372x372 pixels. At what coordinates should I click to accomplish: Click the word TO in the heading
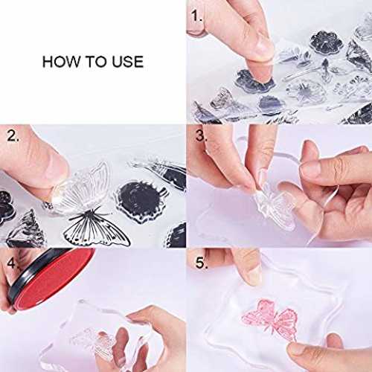97,62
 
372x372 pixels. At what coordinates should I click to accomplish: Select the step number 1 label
196,16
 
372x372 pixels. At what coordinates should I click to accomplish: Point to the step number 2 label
13,136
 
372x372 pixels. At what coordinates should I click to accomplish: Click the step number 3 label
201,135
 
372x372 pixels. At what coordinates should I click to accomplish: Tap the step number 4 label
11,263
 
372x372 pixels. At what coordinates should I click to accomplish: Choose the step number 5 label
202,263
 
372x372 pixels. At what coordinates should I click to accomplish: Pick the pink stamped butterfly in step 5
270,319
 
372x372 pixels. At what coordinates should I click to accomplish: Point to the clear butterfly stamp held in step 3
274,208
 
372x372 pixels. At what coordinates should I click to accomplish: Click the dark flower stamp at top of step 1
327,42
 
